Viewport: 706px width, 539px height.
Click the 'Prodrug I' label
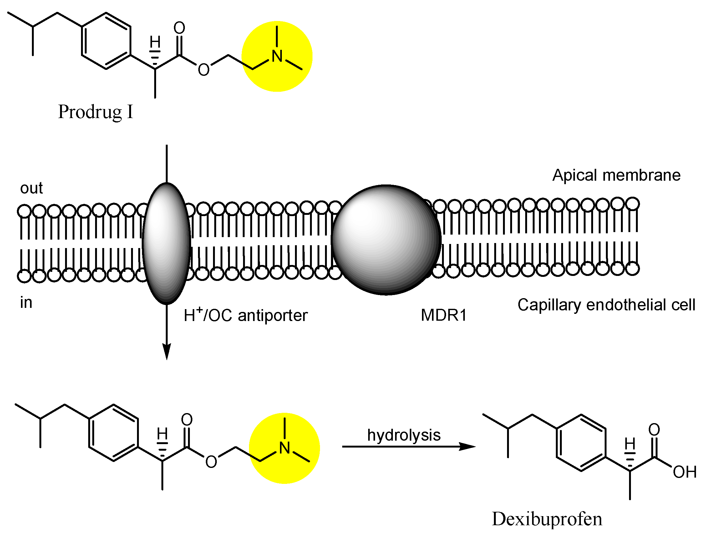point(95,112)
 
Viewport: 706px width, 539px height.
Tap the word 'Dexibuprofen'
point(547,519)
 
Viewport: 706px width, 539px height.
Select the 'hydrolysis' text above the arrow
point(404,435)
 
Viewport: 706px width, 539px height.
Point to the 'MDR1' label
point(444,315)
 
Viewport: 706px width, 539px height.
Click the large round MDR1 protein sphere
point(386,239)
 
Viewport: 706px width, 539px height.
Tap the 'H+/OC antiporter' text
point(246,315)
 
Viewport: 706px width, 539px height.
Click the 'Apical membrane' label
point(616,175)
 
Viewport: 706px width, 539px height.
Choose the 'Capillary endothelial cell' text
point(606,305)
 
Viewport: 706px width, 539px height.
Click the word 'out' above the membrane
point(31,188)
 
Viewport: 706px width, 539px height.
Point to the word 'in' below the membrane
point(26,303)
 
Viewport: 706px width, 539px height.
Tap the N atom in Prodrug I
point(277,56)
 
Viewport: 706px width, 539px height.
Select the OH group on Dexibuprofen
point(684,472)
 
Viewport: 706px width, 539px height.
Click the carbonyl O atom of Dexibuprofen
point(654,430)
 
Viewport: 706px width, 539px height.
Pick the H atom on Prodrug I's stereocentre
point(155,42)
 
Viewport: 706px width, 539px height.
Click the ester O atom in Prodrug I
point(204,70)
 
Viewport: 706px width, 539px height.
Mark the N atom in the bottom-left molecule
point(285,448)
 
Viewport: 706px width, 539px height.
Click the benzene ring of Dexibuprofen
point(581,443)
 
